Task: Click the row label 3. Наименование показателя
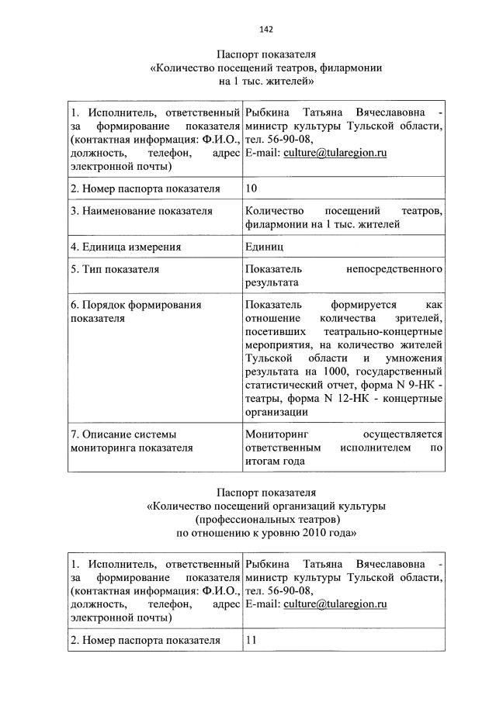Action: [140, 210]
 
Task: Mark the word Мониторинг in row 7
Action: [277, 434]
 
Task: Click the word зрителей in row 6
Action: [419, 319]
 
